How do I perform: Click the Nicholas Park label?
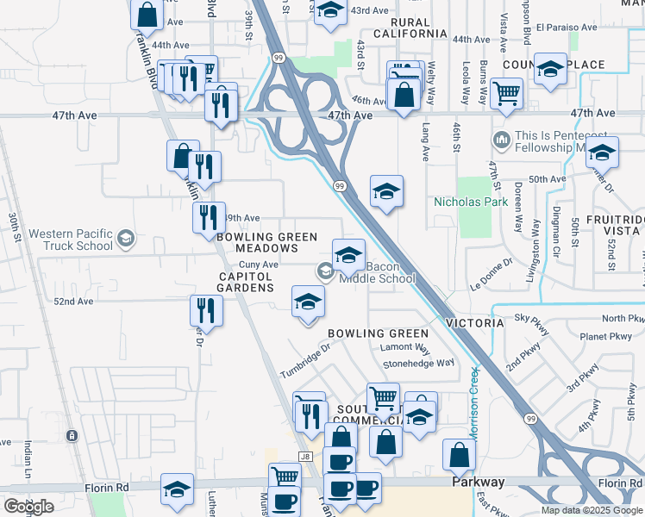pos(471,202)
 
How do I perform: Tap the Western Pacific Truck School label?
pos(70,239)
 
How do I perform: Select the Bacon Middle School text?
pos(378,272)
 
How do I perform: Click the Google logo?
pos(28,506)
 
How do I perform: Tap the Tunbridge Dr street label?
pos(305,361)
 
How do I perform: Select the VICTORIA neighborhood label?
pos(474,322)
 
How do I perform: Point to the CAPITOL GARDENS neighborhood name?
pos(245,282)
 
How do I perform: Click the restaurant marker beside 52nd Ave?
pos(206,309)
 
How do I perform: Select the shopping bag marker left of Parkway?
pos(459,454)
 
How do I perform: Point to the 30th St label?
pos(13,228)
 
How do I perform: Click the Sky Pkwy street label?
pos(531,318)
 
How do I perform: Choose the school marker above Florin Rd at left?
pos(177,492)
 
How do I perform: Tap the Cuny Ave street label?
pos(258,265)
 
